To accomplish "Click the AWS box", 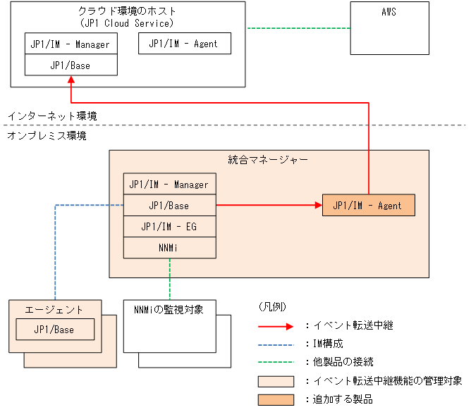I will tap(389, 28).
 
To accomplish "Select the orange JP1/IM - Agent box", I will tap(368, 205).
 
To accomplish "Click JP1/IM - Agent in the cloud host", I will tap(183, 44).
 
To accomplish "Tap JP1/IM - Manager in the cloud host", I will tap(71, 44).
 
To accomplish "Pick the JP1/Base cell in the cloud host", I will tap(71, 65).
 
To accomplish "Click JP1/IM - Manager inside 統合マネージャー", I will tap(169, 184).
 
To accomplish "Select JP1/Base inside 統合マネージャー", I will tap(169, 205).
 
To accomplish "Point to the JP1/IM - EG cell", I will tap(169, 226).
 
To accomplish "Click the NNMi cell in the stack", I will tap(169, 247).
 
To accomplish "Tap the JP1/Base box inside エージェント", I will tap(54, 329).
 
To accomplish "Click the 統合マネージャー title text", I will tap(268, 160).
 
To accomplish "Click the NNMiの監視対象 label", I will tap(169, 310).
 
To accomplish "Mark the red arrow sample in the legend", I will tap(276, 325).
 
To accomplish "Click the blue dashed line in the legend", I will tap(276, 344).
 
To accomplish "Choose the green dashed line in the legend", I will tap(276, 362).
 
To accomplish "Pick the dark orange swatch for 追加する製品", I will tap(276, 399).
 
